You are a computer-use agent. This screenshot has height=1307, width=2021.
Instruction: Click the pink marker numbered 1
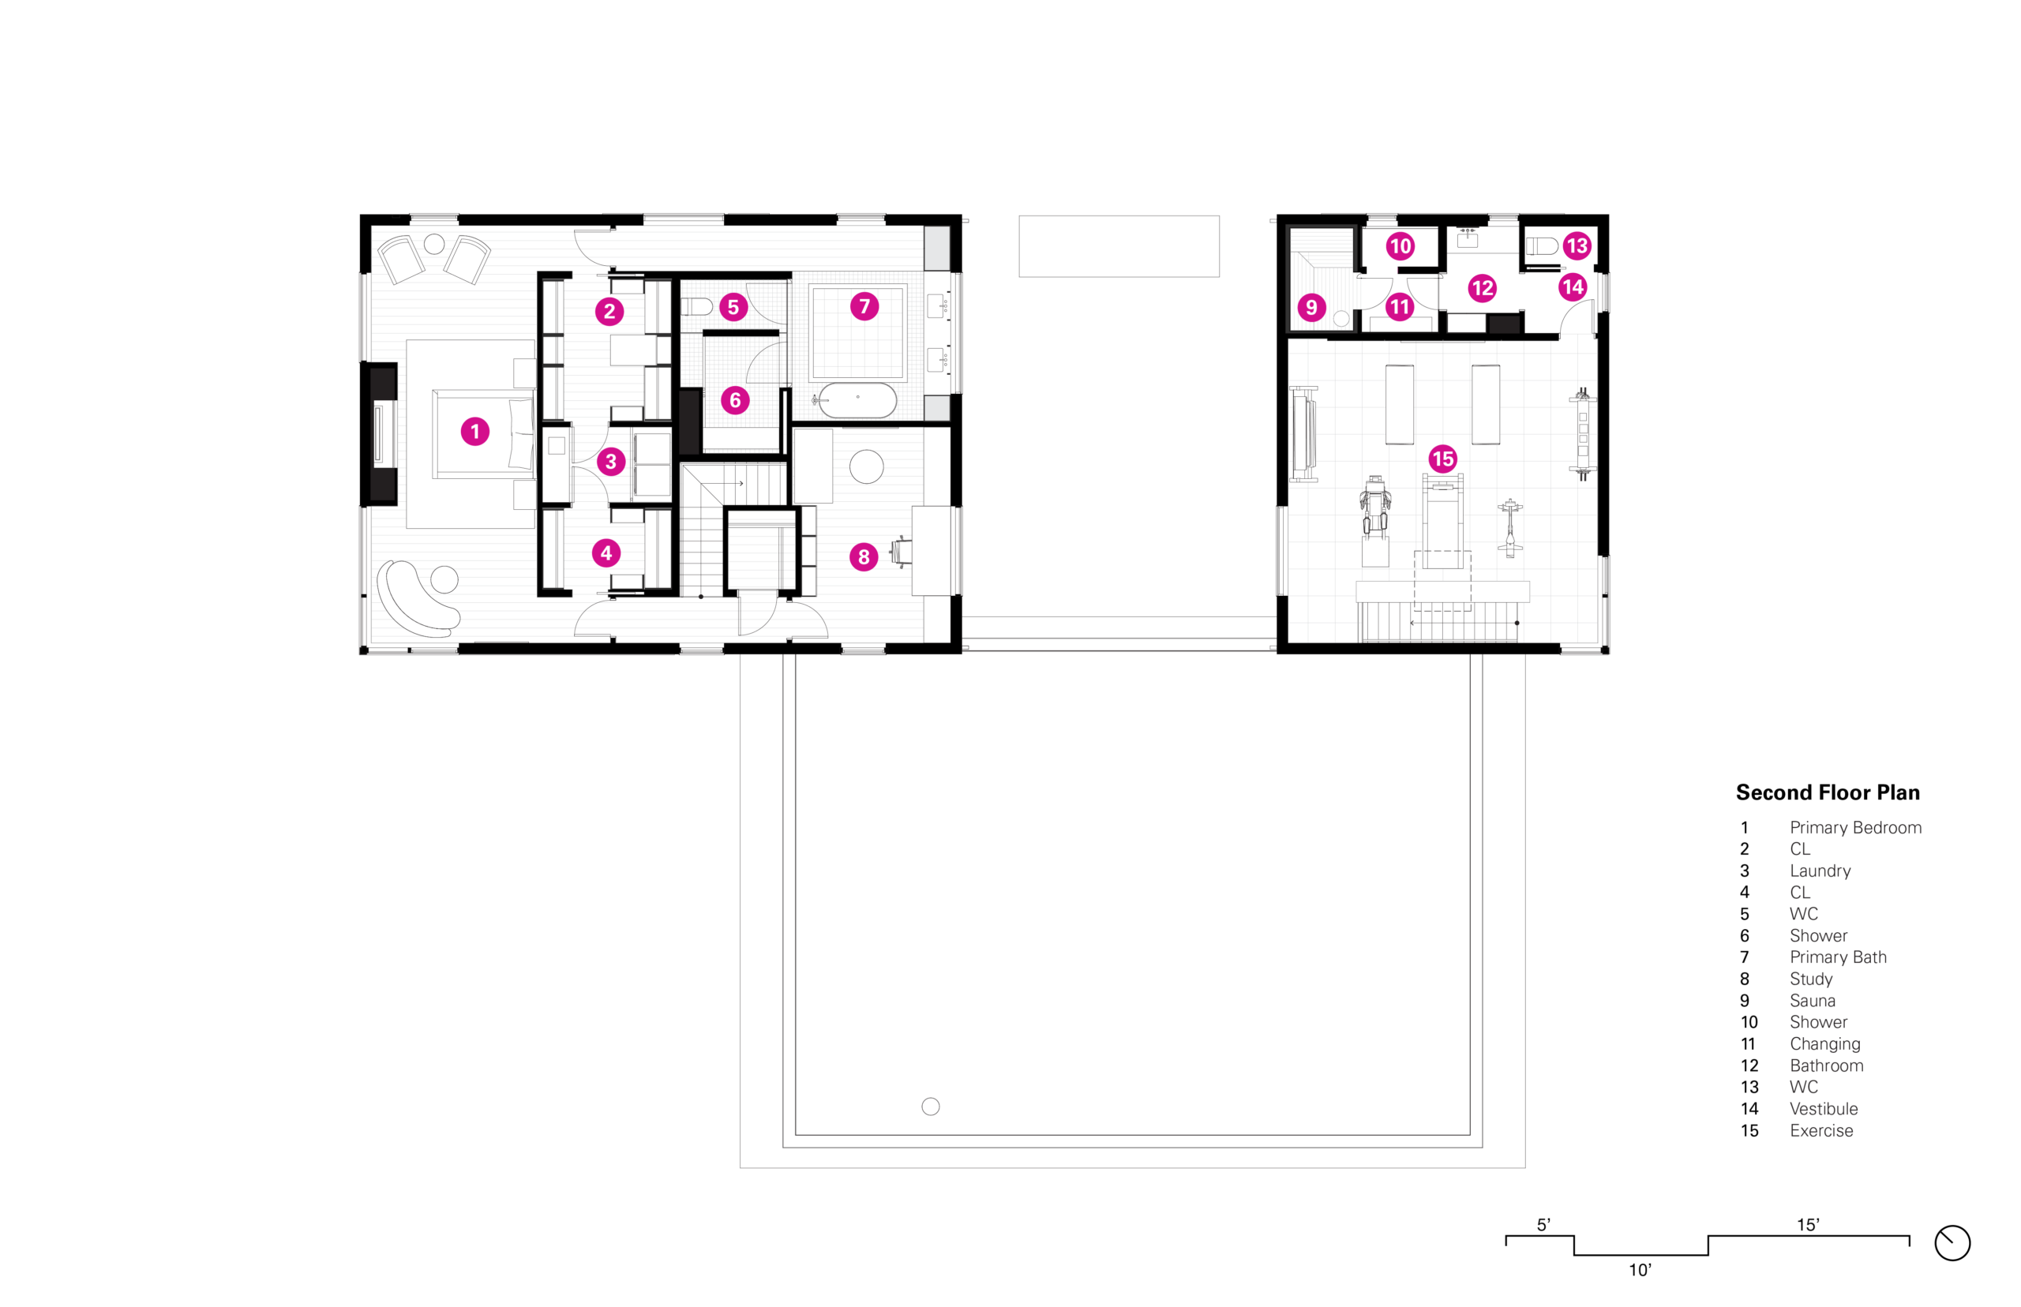[474, 431]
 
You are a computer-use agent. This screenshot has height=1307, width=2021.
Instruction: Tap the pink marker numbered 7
[864, 305]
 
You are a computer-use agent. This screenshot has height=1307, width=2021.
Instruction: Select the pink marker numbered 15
[1442, 459]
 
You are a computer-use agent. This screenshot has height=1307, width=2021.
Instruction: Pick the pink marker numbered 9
[1311, 306]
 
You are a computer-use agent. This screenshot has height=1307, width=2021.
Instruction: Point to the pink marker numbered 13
[1577, 246]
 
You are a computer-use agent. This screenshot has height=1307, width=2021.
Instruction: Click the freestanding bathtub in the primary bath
[857, 399]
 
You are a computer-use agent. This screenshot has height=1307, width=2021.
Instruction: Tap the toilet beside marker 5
[696, 305]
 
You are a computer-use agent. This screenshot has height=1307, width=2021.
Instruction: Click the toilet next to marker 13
[1542, 246]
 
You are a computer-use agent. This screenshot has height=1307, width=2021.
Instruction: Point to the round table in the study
[866, 466]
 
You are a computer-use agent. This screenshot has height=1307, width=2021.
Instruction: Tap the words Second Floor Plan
[1827, 792]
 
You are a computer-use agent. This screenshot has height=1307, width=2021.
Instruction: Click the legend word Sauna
[1813, 1001]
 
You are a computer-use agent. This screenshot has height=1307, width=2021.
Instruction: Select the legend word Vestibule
[1823, 1108]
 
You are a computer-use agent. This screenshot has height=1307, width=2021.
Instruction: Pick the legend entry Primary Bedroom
[1855, 827]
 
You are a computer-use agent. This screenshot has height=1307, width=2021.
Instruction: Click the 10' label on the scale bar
[1639, 1270]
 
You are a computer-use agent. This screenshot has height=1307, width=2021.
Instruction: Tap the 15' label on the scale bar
[1807, 1225]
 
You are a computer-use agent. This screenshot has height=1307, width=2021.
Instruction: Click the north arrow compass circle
[1952, 1243]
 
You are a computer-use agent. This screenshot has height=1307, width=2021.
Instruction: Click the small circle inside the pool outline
[930, 1106]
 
